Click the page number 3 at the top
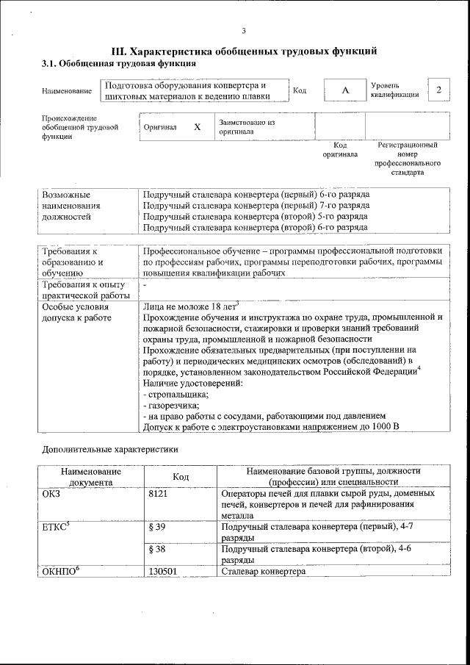[243, 30]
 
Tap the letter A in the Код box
[344, 90]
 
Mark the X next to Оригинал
[197, 127]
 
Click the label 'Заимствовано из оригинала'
[246, 127]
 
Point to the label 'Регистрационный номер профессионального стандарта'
[408, 159]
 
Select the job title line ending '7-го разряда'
[256, 206]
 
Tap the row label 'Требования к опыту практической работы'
[84, 290]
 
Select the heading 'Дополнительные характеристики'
[110, 448]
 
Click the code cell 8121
[159, 494]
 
